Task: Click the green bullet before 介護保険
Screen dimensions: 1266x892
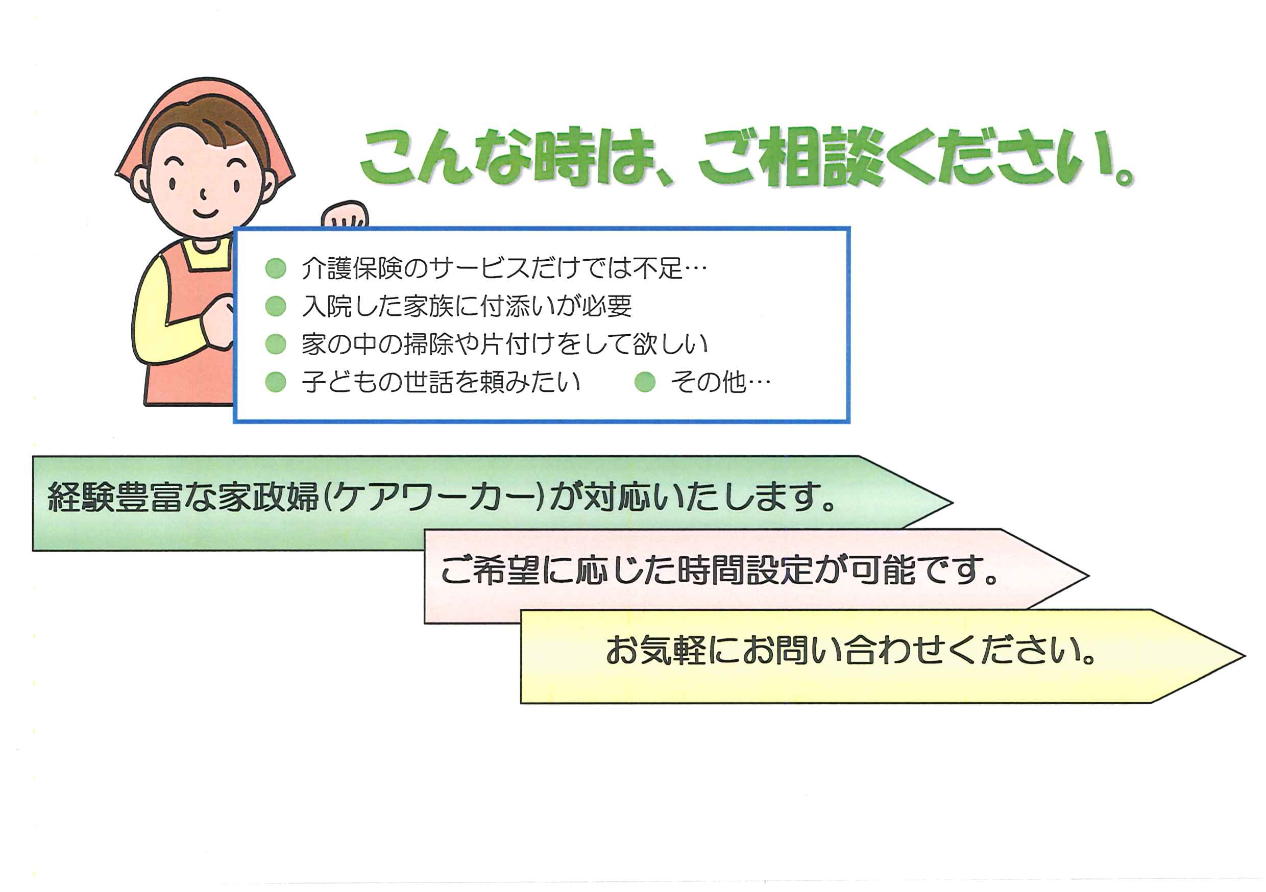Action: (276, 268)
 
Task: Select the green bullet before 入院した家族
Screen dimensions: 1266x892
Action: (276, 306)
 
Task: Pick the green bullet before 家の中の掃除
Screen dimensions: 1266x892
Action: (276, 344)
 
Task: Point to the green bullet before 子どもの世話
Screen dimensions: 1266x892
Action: (276, 382)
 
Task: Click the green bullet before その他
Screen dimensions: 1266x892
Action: (645, 382)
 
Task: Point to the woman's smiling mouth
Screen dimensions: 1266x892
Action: (205, 213)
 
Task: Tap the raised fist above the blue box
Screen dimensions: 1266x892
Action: (346, 215)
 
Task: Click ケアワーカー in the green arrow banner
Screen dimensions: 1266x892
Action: (435, 497)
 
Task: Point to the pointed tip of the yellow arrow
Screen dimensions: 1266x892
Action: (1245, 656)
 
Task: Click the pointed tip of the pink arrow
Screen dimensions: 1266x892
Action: (1088, 576)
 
